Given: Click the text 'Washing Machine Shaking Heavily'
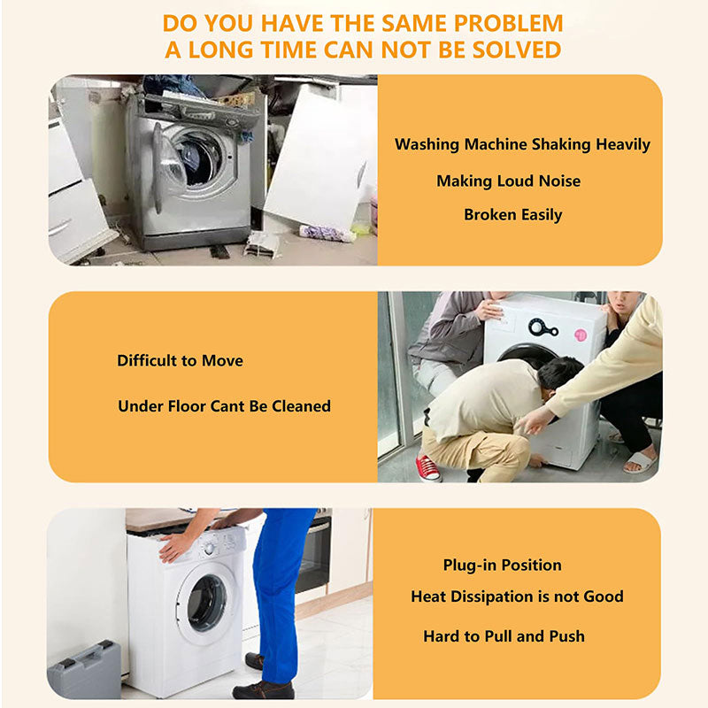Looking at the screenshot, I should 522,144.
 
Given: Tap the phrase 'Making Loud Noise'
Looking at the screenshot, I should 508,181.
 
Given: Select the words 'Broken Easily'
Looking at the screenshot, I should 512,214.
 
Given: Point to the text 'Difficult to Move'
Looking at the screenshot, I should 180,360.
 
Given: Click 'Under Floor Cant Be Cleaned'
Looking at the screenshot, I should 224,406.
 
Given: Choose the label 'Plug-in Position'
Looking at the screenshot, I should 502,565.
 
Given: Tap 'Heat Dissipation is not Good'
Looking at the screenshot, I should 517,596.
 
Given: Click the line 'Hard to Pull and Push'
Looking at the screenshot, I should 504,635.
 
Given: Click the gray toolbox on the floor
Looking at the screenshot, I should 83,672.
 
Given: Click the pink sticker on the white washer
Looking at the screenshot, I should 581,335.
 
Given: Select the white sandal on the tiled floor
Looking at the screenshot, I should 640,462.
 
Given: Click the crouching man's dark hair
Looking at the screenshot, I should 559,372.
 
